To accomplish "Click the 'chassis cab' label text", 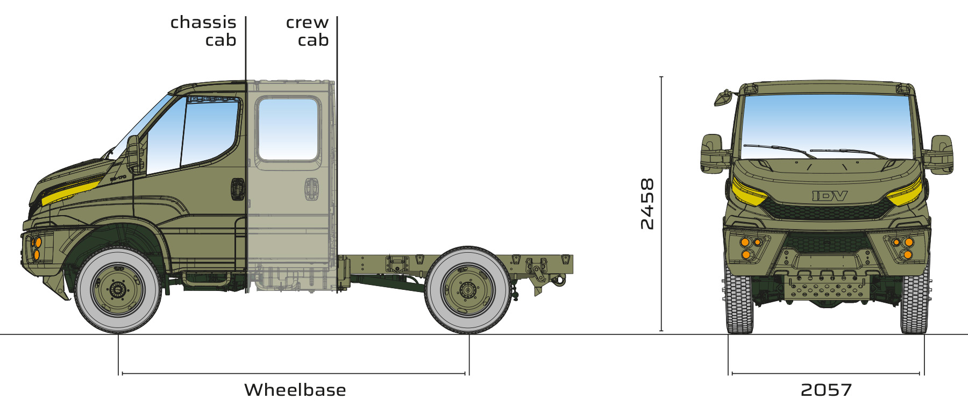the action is (203, 31).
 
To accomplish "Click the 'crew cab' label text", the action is (307, 31).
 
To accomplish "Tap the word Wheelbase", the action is (295, 390).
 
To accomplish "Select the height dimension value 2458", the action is (647, 204).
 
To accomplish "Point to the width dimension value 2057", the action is (826, 390).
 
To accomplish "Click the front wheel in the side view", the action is (118, 290).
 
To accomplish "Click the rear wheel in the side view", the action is (468, 290).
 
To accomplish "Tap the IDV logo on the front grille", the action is (830, 196).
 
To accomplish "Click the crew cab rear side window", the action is (289, 129).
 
